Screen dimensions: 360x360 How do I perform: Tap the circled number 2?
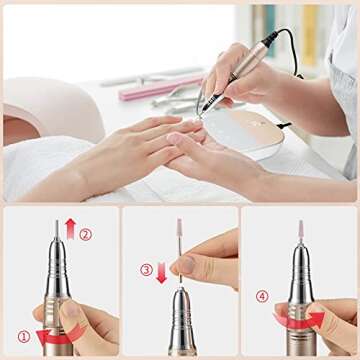point(86,234)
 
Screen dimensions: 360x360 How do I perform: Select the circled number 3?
point(146,269)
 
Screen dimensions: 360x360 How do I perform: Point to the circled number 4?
point(262,296)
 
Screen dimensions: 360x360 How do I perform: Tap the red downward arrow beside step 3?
point(161,273)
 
